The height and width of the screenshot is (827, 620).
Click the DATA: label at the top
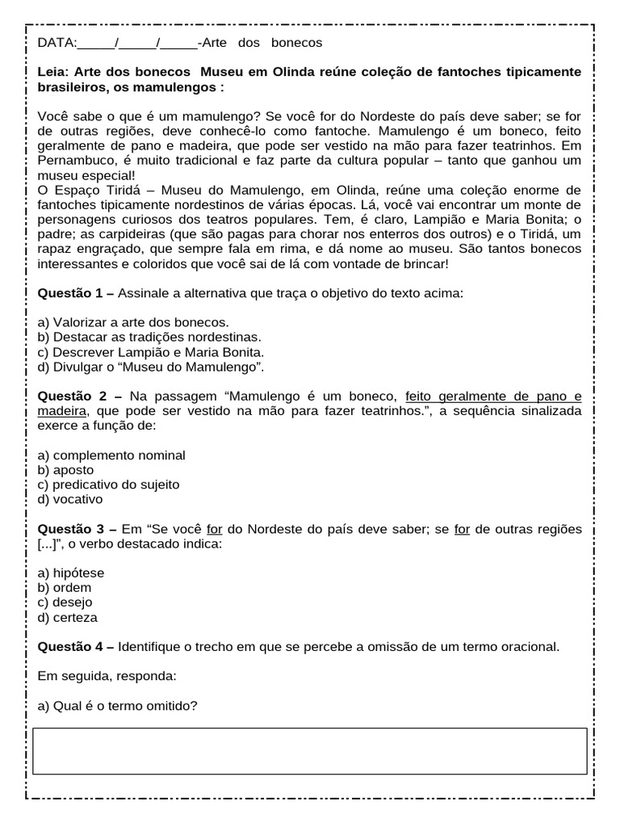point(57,43)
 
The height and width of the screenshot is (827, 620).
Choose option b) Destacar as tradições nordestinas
point(149,338)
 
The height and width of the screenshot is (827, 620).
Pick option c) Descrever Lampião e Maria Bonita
point(151,352)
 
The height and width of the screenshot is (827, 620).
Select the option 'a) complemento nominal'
point(111,455)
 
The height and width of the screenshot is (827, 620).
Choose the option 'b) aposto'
point(65,470)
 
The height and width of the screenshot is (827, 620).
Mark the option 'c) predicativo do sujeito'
point(109,485)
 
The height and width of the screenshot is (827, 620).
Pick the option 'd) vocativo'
point(70,500)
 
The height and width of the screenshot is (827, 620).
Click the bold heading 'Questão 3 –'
point(77,529)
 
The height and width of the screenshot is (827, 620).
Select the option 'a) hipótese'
point(71,573)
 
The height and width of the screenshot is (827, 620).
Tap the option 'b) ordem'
point(65,588)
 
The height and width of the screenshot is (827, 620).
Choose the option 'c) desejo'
point(65,602)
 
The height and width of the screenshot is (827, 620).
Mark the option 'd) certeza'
point(68,618)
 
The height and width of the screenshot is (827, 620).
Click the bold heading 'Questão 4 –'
point(76,647)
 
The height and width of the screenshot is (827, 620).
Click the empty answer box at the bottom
point(310,751)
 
